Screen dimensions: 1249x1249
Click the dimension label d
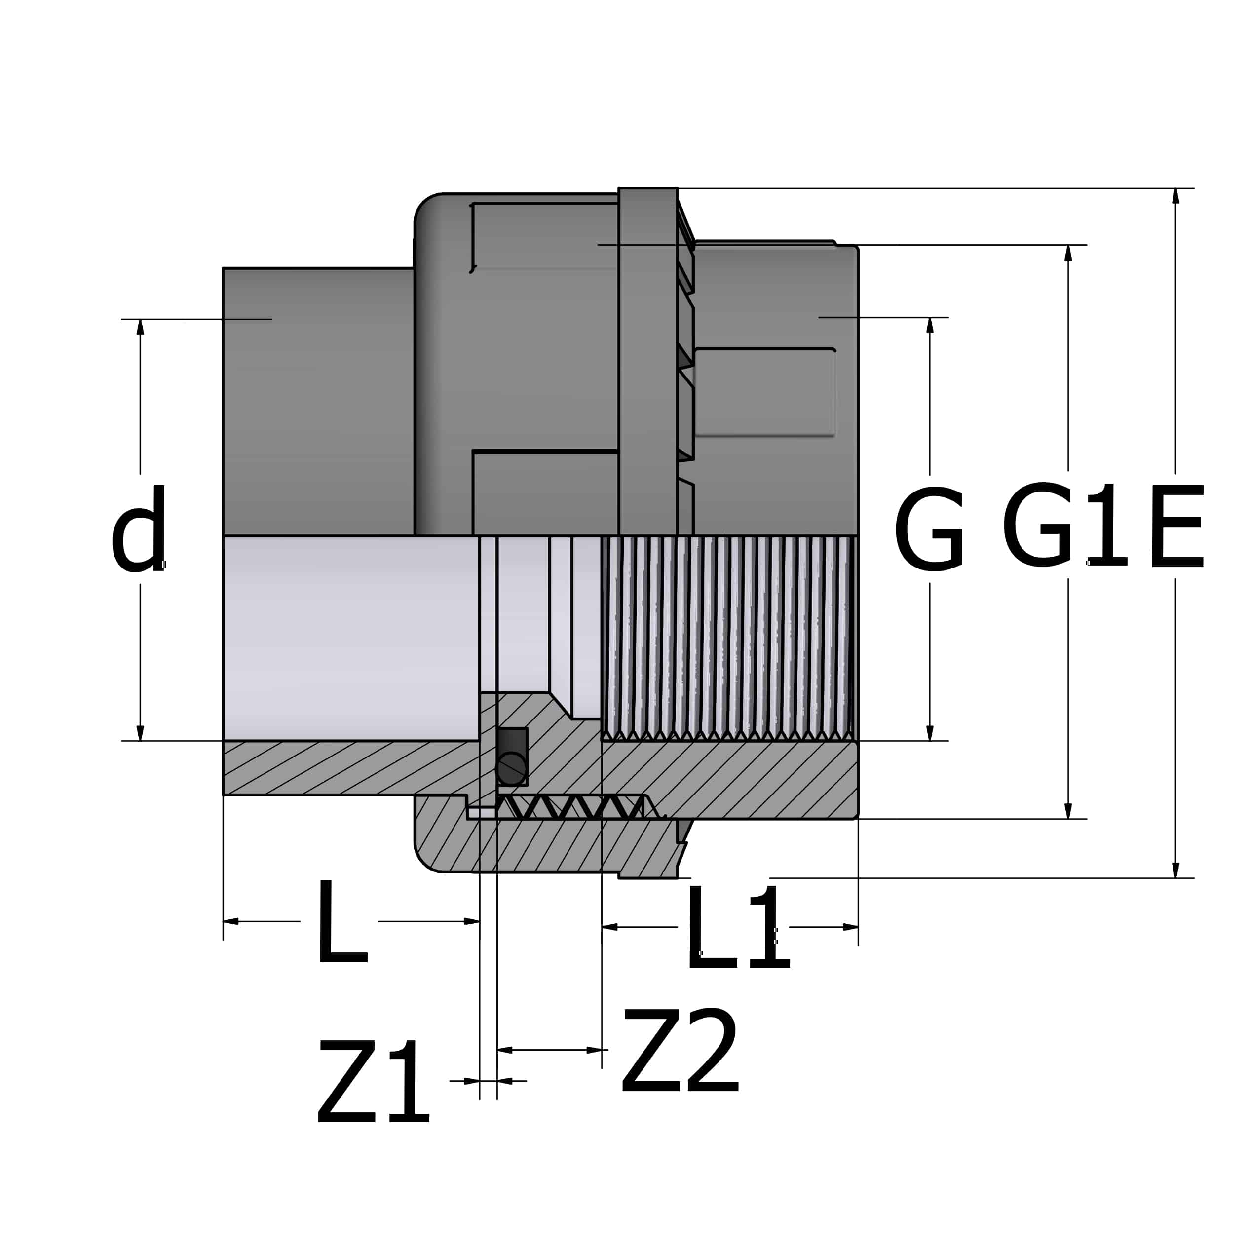(x=139, y=528)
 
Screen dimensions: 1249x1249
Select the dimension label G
(x=930, y=528)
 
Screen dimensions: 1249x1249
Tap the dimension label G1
(x=1065, y=525)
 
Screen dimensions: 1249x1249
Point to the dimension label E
(x=1176, y=526)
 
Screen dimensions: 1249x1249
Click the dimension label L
(x=342, y=920)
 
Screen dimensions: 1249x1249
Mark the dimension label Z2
(x=680, y=1050)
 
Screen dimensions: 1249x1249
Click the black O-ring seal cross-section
(x=511, y=769)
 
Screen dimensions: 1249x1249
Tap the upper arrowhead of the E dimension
(x=1175, y=195)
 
